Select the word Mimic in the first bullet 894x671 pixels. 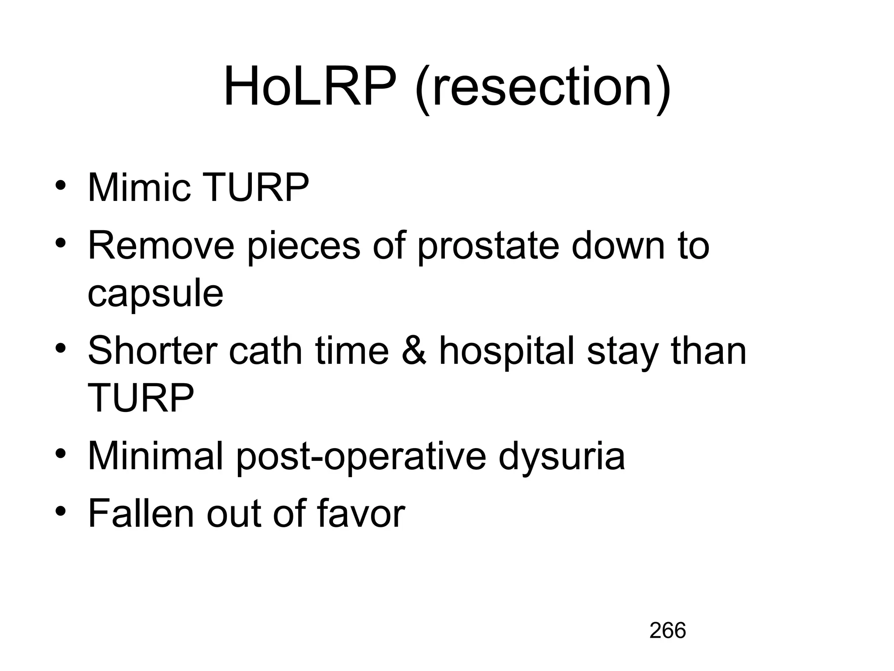139,188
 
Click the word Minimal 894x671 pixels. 155,456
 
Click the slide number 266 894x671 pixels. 667,630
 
